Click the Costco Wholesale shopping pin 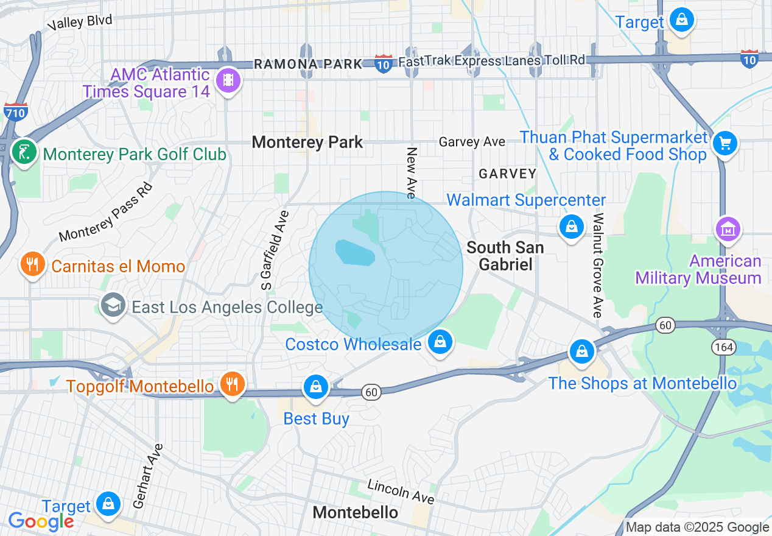pos(440,342)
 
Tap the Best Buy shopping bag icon pos(316,387)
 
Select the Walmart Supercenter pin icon pos(571,227)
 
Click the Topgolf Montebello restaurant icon pos(232,384)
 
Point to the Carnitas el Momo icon pos(31,264)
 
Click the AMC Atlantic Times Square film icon pos(228,80)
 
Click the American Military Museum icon pos(728,229)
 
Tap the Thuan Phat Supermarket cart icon pos(725,144)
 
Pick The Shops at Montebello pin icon pos(582,351)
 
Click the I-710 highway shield pos(15,112)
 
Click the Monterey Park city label pos(307,143)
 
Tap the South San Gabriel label pos(505,256)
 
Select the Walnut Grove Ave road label pos(598,265)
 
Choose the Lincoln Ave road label pos(401,491)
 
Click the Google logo pos(41,521)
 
